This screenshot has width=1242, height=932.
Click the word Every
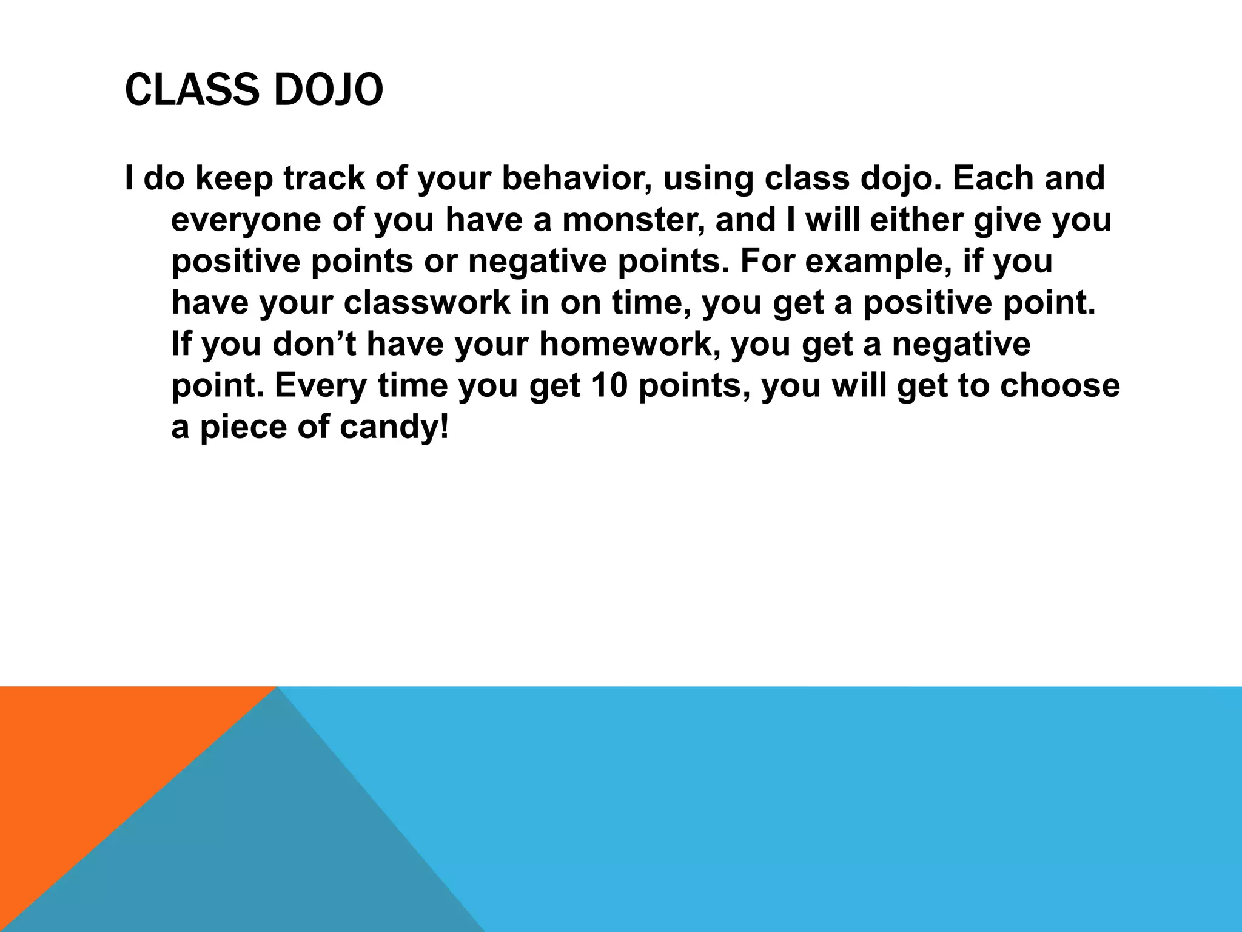click(x=321, y=386)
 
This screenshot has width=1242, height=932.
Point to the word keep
click(x=234, y=180)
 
